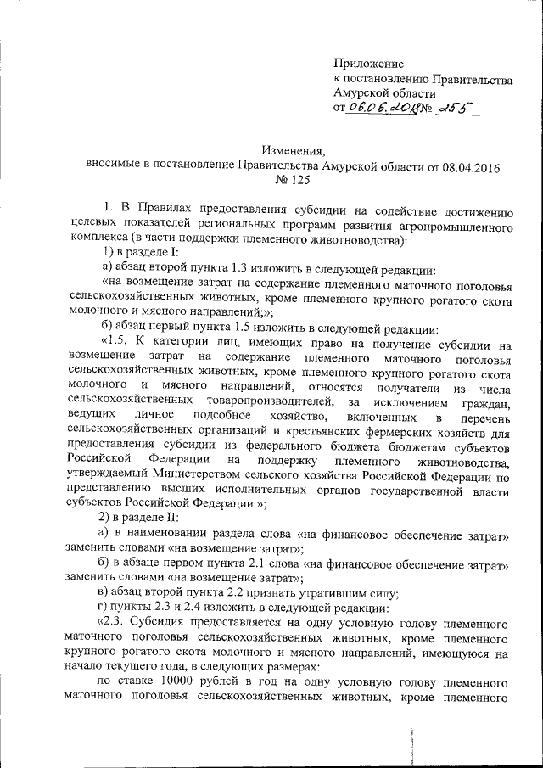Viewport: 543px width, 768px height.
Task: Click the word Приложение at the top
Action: (x=369, y=63)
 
